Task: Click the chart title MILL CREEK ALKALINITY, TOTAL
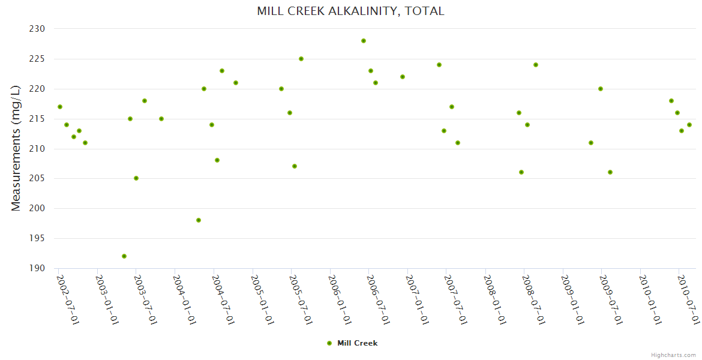[350, 11]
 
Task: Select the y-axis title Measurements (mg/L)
[16, 148]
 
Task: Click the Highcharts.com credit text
[673, 355]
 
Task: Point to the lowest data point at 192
[124, 256]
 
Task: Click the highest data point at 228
[364, 41]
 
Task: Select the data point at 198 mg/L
[199, 220]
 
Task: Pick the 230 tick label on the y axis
[37, 29]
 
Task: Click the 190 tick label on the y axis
[37, 268]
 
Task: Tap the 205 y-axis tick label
[37, 178]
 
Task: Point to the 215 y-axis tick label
[37, 119]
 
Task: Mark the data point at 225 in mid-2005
[301, 59]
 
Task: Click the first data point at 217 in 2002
[60, 107]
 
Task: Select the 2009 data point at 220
[601, 89]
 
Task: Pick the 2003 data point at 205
[136, 178]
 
